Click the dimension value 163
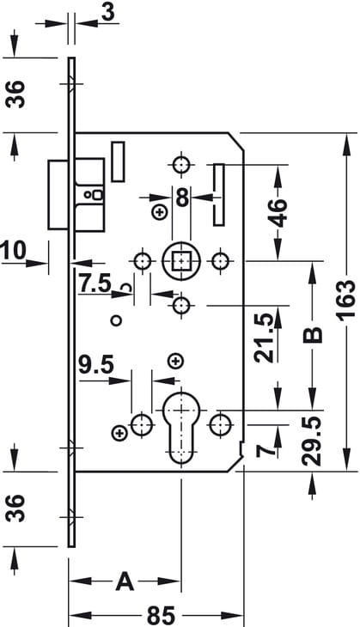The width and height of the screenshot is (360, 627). pyautogui.click(x=346, y=298)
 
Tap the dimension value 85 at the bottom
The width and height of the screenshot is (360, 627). pyautogui.click(x=162, y=615)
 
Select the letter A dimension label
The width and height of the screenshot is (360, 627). pyautogui.click(x=125, y=581)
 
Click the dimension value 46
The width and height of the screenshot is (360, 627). pyautogui.click(x=278, y=212)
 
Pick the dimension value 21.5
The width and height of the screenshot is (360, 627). pyautogui.click(x=265, y=338)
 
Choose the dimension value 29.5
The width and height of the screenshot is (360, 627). pyautogui.click(x=312, y=441)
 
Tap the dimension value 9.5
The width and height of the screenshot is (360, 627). pyautogui.click(x=96, y=366)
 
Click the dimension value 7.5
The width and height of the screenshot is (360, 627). pyautogui.click(x=95, y=283)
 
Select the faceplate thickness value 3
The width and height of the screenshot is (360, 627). pyautogui.click(x=108, y=12)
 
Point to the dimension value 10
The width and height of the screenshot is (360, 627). pyautogui.click(x=13, y=250)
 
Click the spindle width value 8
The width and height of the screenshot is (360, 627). pyautogui.click(x=182, y=198)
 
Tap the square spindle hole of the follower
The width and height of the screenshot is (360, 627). pyautogui.click(x=181, y=261)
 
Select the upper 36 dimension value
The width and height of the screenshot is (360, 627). pyautogui.click(x=16, y=94)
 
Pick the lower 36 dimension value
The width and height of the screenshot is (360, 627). pyautogui.click(x=16, y=508)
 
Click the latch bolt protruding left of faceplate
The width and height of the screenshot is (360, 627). pyautogui.click(x=58, y=195)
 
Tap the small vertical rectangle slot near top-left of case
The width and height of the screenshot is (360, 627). pyautogui.click(x=118, y=161)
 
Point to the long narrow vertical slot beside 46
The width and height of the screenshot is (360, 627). pyautogui.click(x=219, y=195)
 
